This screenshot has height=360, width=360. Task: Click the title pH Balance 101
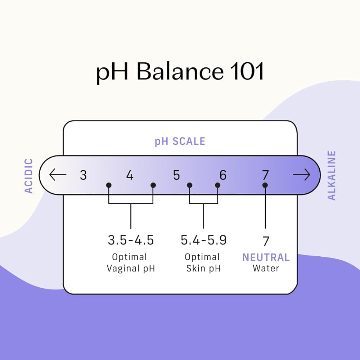180,72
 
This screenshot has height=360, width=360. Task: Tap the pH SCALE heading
180,141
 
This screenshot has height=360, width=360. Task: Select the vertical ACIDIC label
29,176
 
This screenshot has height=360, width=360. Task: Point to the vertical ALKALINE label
331,175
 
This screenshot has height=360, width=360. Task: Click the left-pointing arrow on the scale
58,175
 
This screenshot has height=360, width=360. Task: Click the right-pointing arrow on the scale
302,175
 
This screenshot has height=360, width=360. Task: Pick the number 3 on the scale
84,175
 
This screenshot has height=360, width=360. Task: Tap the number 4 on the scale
130,175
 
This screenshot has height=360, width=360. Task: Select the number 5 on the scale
176,175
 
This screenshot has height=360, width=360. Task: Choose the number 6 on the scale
223,175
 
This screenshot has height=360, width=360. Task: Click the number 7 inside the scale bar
265,175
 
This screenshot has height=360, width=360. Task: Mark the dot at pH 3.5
109,185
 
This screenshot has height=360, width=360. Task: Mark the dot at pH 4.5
153,185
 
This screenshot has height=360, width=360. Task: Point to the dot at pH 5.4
190,185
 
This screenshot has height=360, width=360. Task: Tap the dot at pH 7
265,185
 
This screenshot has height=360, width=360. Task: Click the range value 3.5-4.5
131,240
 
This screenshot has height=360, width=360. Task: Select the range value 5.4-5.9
204,240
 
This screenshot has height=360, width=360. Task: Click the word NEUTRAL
266,257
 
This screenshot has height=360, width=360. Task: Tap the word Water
266,268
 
